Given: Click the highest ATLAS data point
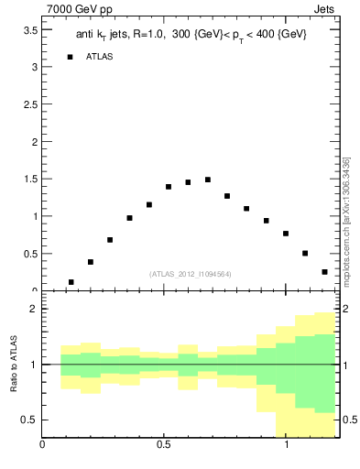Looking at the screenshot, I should (x=208, y=180).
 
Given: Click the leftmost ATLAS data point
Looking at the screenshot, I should (x=71, y=282).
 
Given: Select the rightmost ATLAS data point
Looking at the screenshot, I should (x=324, y=272).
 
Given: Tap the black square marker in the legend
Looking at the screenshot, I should (x=70, y=57).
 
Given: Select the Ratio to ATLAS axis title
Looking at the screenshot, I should (x=14, y=365).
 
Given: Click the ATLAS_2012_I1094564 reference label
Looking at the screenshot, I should (x=190, y=273).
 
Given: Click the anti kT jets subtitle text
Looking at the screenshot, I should (x=191, y=34).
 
